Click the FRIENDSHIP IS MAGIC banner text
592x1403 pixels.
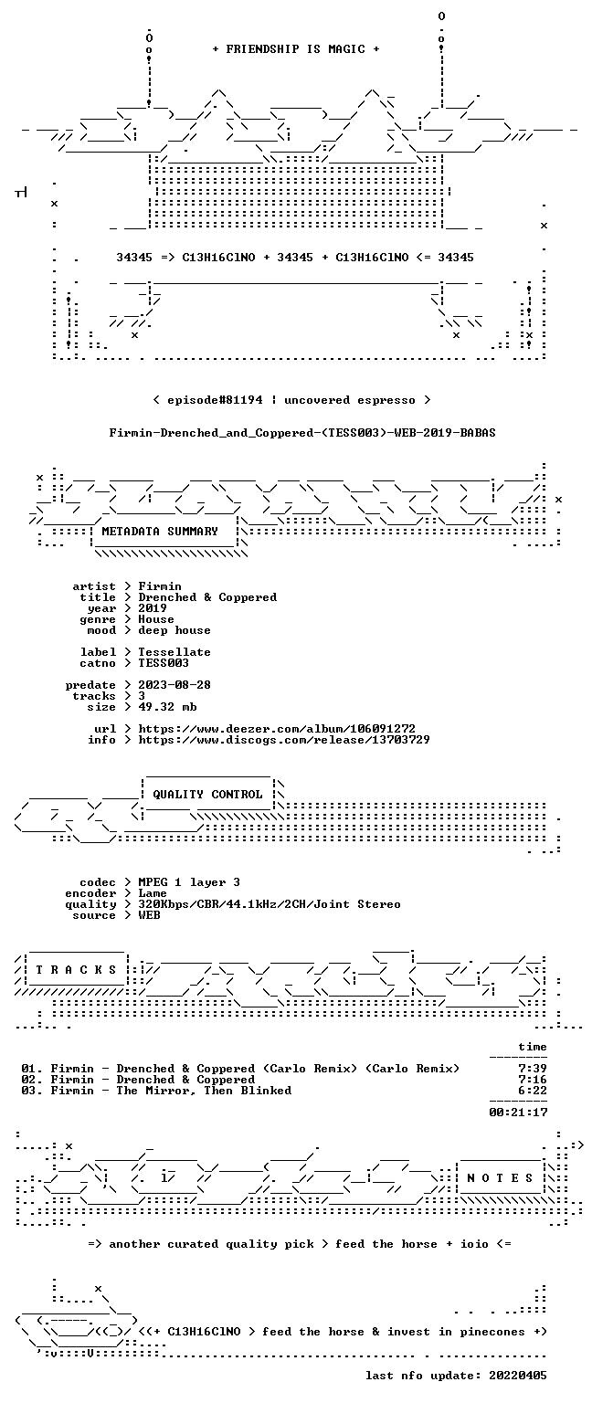point(296,48)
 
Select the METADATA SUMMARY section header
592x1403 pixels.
point(160,531)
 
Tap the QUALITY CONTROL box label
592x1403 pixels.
point(207,794)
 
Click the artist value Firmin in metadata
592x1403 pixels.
point(160,586)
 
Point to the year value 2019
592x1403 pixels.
point(153,608)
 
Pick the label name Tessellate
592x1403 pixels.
point(174,652)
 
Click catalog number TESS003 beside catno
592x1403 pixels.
point(164,662)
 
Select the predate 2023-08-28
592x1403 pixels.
point(174,684)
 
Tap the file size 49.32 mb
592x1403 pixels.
point(167,706)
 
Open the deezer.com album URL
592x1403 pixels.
point(277,728)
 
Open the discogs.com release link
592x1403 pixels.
point(284,740)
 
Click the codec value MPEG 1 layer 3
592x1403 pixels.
point(189,881)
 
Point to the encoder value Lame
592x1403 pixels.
point(153,893)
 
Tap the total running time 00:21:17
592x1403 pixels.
point(518,1113)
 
